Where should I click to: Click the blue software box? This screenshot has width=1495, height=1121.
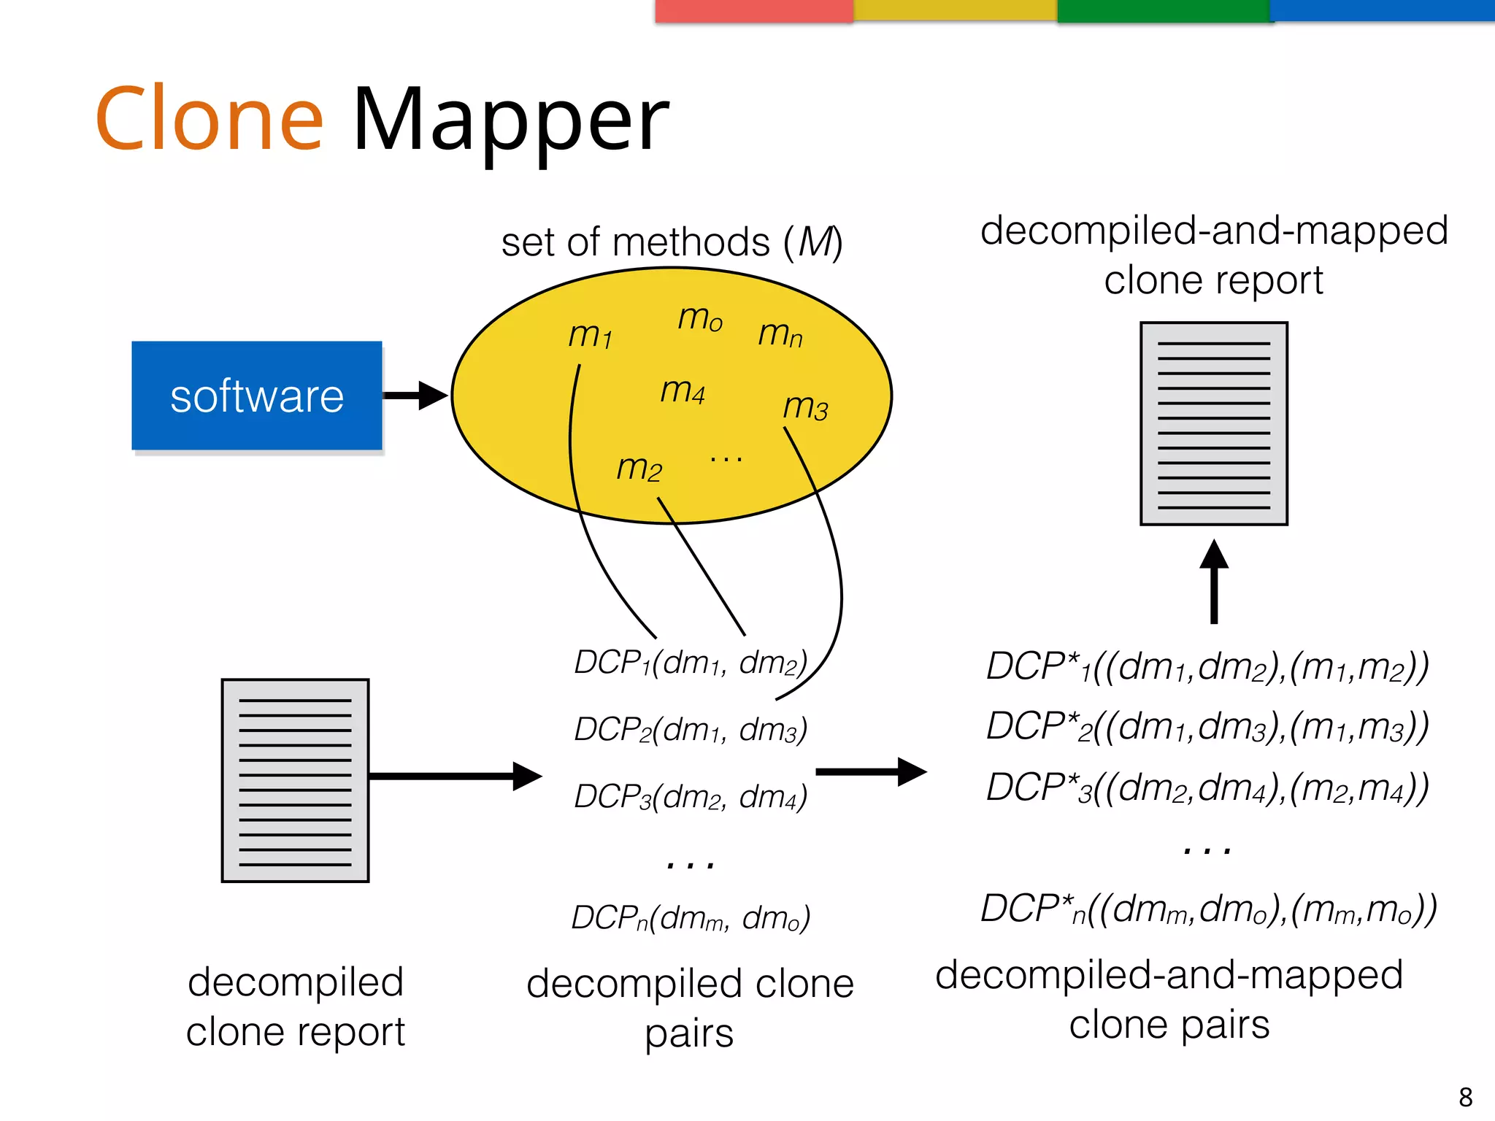pos(256,396)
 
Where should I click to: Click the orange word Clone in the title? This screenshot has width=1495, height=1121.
pos(210,118)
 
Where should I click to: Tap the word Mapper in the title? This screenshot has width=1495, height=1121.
pos(510,120)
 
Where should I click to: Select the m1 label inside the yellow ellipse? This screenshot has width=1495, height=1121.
pos(590,335)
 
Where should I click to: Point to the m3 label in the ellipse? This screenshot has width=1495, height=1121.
pos(805,406)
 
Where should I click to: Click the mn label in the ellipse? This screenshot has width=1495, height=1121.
pos(780,334)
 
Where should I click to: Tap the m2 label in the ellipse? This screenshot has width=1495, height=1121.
pos(639,467)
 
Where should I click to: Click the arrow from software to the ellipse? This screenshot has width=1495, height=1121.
pos(415,396)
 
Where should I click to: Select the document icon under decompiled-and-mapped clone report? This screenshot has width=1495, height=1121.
pos(1213,423)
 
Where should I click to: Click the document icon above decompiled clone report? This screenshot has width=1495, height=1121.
pos(295,780)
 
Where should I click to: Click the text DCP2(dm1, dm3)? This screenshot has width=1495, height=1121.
pos(691,729)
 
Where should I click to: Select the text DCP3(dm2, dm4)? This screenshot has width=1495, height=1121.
pos(691,796)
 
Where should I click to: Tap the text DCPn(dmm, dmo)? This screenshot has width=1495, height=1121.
pos(691,917)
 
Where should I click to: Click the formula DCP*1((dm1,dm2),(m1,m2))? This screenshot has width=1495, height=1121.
pos(1207,666)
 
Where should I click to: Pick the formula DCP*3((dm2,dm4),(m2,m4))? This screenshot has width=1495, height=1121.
pos(1207,788)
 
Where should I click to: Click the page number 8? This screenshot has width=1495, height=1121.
pos(1465,1097)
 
